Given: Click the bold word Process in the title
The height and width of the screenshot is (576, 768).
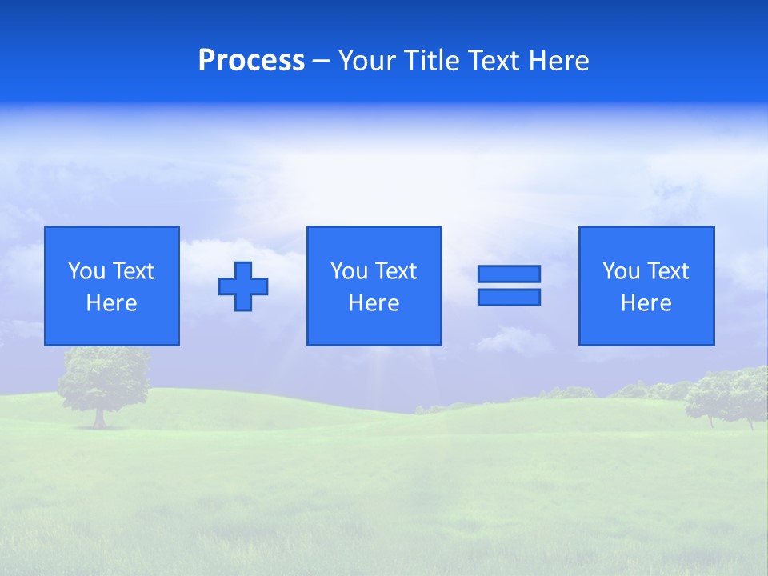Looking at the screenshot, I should pyautogui.click(x=251, y=61).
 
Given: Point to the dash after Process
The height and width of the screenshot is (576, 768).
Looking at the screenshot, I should pyautogui.click(x=322, y=62).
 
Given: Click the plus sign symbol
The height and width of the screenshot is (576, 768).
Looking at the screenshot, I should pyautogui.click(x=243, y=286).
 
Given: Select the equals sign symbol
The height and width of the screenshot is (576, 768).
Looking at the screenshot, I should pyautogui.click(x=509, y=286).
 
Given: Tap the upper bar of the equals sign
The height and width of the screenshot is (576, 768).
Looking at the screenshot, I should pyautogui.click(x=509, y=274).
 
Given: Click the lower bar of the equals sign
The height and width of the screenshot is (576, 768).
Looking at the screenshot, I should pyautogui.click(x=509, y=297).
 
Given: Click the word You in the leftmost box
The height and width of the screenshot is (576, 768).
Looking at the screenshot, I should pyautogui.click(x=86, y=271).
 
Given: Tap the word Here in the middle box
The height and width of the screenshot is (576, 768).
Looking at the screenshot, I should pyautogui.click(x=374, y=303).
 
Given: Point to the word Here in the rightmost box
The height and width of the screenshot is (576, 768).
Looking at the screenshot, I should pyautogui.click(x=646, y=303).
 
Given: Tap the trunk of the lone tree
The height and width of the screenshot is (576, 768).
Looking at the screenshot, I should pyautogui.click(x=99, y=417).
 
